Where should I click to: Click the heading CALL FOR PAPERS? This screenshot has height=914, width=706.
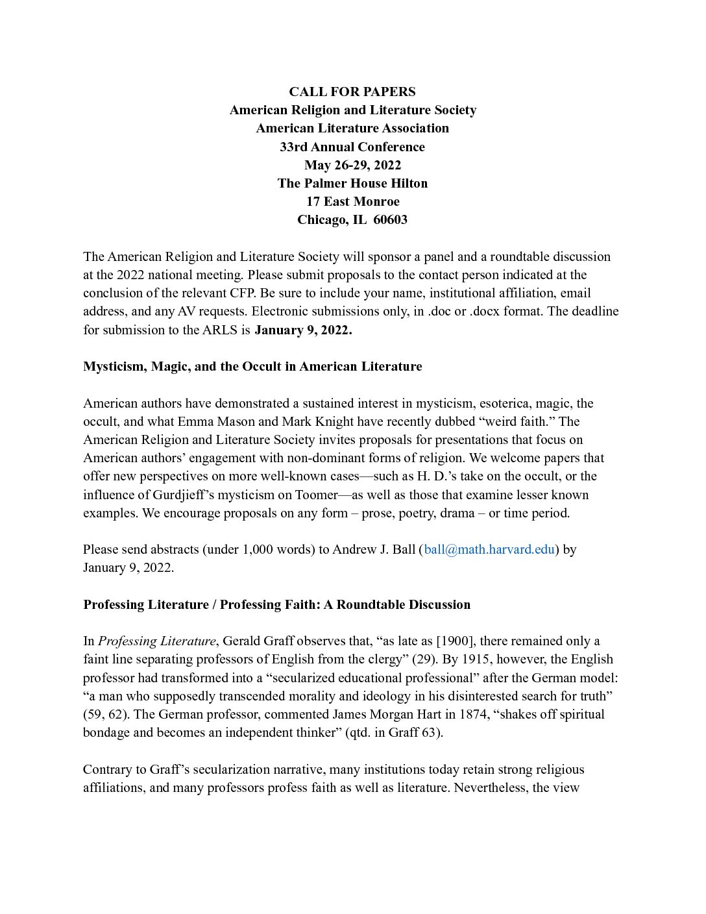click(x=352, y=92)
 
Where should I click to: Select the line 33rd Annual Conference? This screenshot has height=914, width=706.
click(x=352, y=147)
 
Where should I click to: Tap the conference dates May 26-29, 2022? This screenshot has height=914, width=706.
click(x=352, y=165)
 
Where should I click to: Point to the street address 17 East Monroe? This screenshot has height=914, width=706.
click(x=352, y=201)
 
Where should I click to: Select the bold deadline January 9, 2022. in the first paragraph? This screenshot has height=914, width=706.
click(x=303, y=330)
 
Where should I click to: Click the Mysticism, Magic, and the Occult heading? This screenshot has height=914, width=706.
click(x=252, y=366)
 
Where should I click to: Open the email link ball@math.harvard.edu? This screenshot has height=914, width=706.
click(x=489, y=549)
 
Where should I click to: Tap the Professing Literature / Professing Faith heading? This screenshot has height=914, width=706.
click(x=276, y=604)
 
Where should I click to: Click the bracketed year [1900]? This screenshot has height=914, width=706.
click(x=453, y=641)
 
